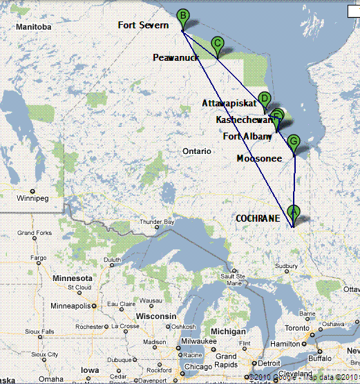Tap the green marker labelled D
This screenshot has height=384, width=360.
pyautogui.click(x=264, y=99)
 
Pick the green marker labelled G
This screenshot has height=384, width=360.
pyautogui.click(x=294, y=142)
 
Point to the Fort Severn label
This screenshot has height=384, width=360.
pyautogui.click(x=143, y=26)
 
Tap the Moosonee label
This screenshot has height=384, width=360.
pyautogui.click(x=259, y=159)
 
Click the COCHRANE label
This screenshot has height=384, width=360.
pyautogui.click(x=258, y=218)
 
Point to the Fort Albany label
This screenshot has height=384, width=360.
pyautogui.click(x=247, y=136)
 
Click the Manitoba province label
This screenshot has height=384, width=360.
pyautogui.click(x=35, y=27)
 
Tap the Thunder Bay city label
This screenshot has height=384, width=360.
pyautogui.click(x=155, y=222)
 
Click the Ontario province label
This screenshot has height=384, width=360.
pyautogui.click(x=197, y=151)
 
